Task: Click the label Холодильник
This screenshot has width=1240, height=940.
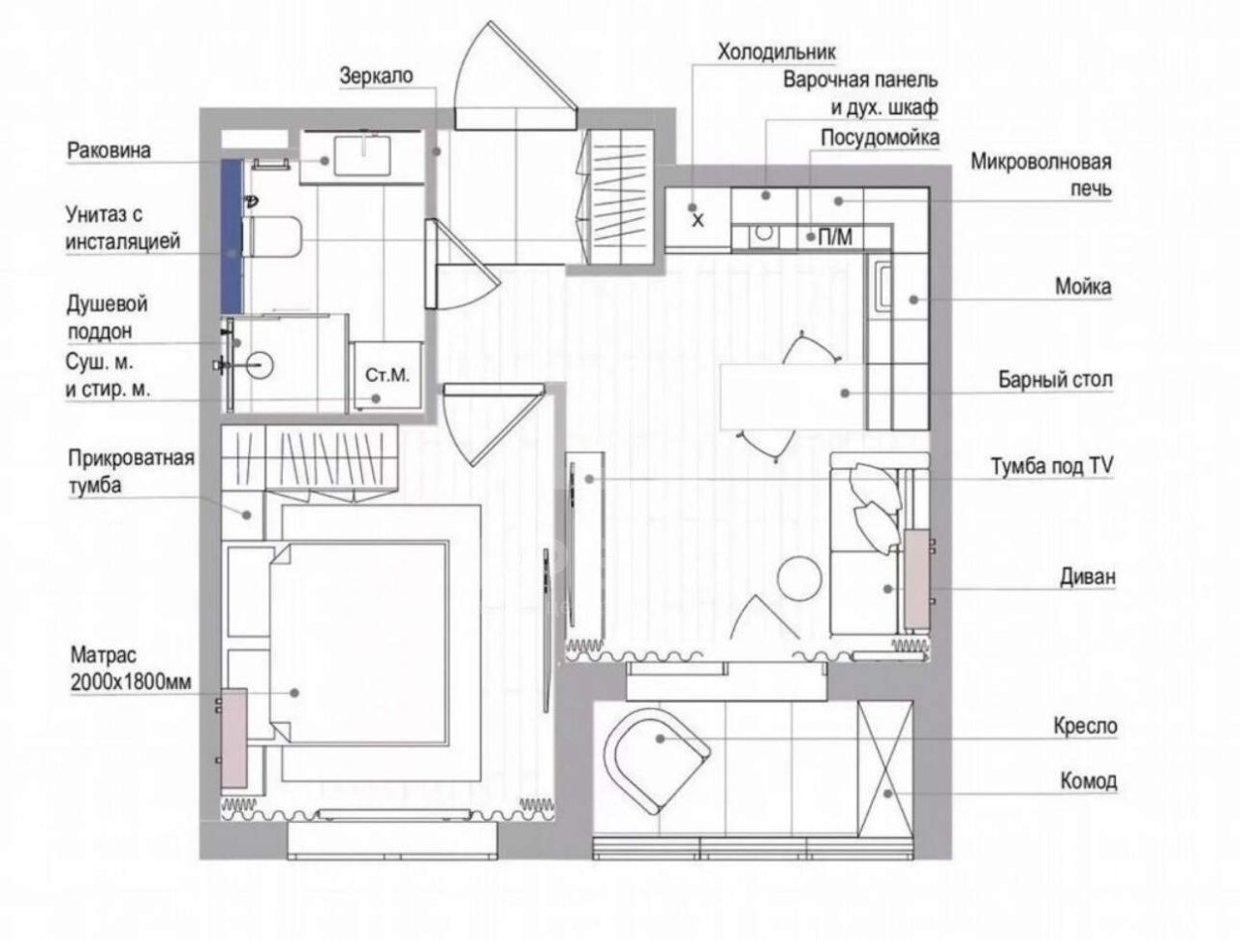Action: [776, 52]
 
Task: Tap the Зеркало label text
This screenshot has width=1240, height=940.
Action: [376, 76]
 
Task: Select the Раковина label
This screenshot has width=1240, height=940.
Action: [109, 151]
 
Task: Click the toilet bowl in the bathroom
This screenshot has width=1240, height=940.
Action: [272, 236]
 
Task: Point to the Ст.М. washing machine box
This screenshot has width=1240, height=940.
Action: [387, 375]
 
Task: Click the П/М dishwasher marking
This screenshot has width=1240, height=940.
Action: [835, 237]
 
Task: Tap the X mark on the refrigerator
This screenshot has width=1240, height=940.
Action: [698, 220]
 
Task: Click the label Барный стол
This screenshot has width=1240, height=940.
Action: [1055, 380]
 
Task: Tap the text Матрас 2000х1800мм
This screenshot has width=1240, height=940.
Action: [131, 669]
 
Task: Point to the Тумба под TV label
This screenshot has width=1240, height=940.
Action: [1052, 467]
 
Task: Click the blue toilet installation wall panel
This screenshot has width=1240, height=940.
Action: [232, 236]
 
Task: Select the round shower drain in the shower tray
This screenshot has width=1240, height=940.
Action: [260, 365]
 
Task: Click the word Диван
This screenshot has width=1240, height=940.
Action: [1088, 577]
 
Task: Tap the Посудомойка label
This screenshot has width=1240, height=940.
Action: [881, 138]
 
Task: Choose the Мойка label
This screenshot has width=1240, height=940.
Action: [1083, 287]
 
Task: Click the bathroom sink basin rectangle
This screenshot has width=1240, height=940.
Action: [362, 155]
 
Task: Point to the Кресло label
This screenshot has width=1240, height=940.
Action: [1085, 727]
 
